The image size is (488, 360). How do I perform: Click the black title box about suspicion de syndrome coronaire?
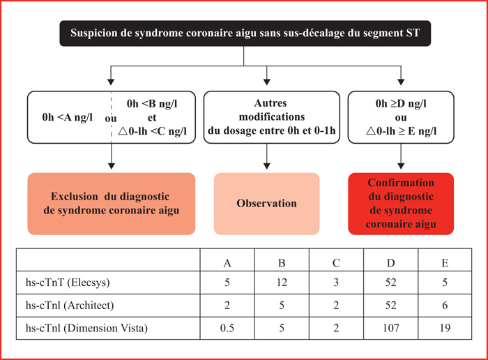[x=245, y=33]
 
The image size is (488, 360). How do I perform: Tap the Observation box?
[x=267, y=204]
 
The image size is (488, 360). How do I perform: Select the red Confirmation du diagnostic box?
[x=401, y=204]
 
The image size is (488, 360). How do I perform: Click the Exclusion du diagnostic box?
[x=112, y=204]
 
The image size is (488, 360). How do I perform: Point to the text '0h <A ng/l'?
[x=67, y=117]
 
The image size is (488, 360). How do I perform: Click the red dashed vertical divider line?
[x=112, y=117]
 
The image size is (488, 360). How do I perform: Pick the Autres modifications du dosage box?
[x=272, y=117]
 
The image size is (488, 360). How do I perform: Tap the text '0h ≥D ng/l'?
[x=401, y=103]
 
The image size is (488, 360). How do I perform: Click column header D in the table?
[x=390, y=263]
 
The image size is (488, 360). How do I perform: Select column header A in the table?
[x=227, y=263]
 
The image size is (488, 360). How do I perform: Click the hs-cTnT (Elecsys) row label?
[x=68, y=283]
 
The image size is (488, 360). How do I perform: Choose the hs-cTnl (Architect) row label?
[x=70, y=305]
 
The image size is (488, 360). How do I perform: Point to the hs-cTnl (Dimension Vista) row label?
[x=86, y=328]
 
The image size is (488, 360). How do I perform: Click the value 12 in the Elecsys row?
[x=282, y=283]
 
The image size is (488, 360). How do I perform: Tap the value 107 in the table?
[x=390, y=328]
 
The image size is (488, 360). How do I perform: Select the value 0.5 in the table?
[x=227, y=328]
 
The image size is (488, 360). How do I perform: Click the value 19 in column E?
[x=445, y=328]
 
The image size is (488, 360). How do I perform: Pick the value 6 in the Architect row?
[x=445, y=305]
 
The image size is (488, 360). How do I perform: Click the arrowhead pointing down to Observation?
[x=267, y=166]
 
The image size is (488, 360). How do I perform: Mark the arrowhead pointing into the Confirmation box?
[x=401, y=166]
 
